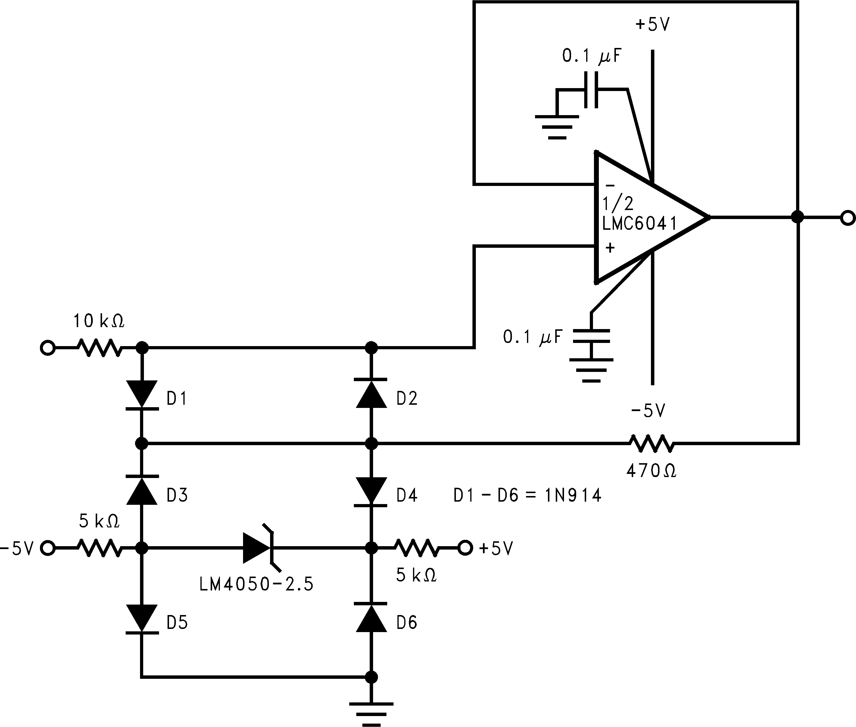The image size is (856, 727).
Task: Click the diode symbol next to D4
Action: click(371, 491)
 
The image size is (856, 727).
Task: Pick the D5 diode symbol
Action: click(141, 618)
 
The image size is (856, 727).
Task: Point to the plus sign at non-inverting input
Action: click(610, 248)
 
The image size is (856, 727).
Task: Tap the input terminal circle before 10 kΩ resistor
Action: click(47, 348)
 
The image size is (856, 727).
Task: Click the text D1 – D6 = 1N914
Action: click(527, 495)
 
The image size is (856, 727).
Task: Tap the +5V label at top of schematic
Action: click(653, 25)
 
